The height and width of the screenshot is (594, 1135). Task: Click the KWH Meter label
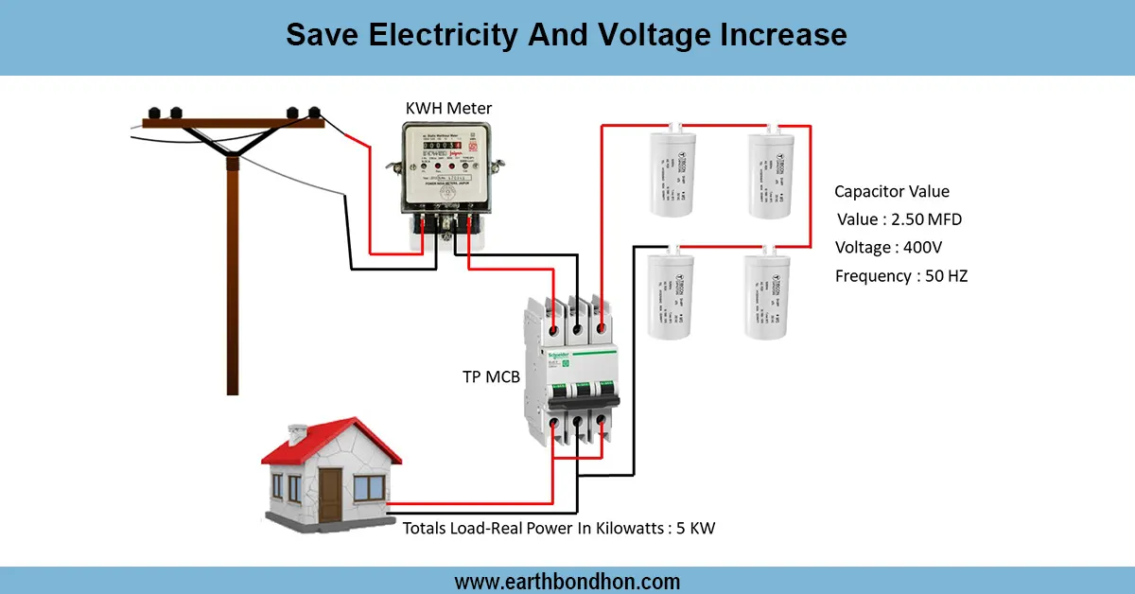tap(448, 108)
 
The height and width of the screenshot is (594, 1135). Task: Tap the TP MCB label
tap(491, 376)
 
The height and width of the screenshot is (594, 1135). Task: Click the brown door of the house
tap(330, 492)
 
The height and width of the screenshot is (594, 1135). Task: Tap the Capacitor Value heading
tap(892, 191)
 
